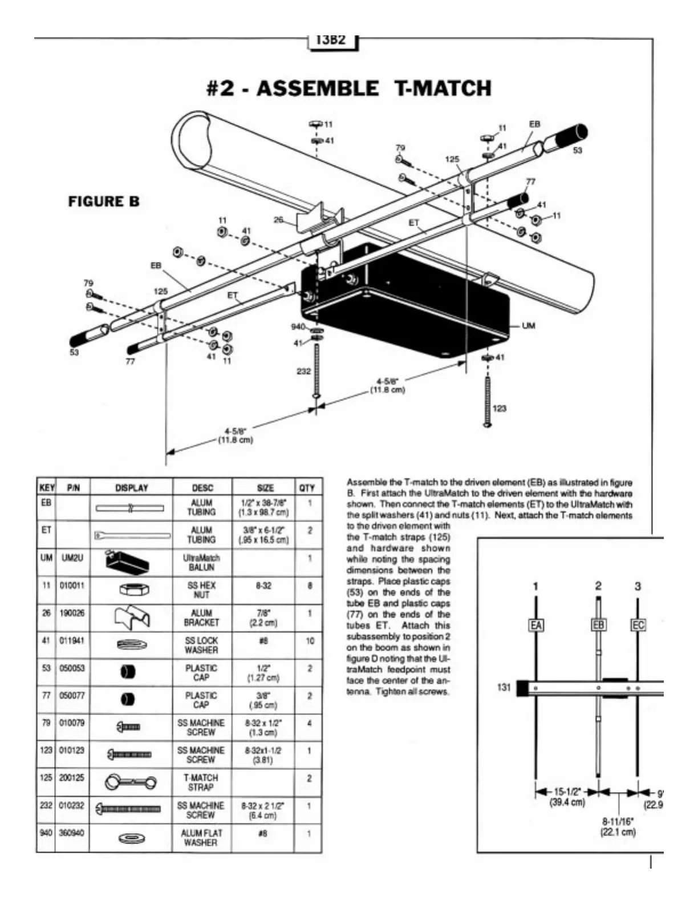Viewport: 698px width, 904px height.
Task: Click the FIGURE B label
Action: [104, 202]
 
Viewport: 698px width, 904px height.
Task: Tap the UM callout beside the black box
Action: [529, 326]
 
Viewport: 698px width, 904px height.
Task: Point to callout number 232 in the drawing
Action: [303, 372]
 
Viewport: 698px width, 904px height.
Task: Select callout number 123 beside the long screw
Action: [498, 409]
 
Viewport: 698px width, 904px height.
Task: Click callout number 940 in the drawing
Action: [298, 327]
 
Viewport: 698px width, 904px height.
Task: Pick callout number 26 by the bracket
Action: [278, 219]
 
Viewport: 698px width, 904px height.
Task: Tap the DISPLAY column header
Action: [131, 488]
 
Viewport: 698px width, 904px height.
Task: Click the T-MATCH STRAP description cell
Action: [201, 782]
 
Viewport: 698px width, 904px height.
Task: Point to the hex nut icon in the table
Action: [131, 590]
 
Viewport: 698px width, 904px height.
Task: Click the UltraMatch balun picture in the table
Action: [128, 562]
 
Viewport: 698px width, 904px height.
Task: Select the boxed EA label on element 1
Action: [535, 625]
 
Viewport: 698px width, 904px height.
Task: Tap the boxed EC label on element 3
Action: [638, 625]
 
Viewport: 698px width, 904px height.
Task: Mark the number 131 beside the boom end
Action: [504, 687]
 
